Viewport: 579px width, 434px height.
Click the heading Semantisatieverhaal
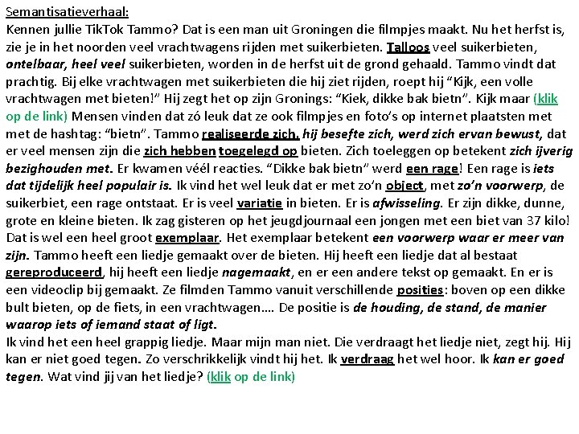[x=67, y=13]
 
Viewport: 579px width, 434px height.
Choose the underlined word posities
[x=418, y=289]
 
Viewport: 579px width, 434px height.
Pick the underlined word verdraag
[x=367, y=358]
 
